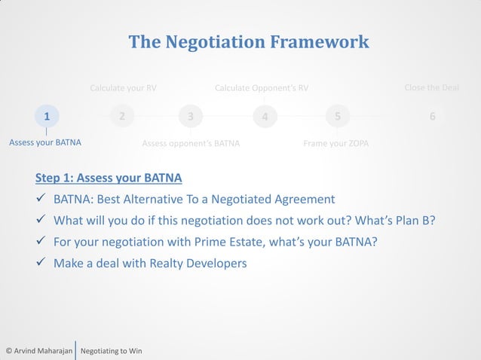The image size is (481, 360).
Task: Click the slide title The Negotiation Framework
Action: [249, 41]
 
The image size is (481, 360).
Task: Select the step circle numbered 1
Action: [47, 116]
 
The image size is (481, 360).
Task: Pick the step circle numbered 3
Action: [191, 117]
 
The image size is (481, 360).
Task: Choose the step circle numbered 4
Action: [265, 117]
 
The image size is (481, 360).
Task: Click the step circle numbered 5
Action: [338, 117]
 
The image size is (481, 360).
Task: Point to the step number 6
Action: [432, 117]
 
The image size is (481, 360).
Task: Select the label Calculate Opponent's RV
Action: [262, 88]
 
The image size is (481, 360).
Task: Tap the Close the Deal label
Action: [431, 88]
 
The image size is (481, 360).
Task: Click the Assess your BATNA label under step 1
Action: [45, 142]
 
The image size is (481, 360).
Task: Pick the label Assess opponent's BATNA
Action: [191, 143]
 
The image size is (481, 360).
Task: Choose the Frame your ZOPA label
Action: [335, 143]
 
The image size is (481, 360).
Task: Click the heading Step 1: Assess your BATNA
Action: [109, 178]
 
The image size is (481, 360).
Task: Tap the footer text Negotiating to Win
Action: [111, 351]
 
